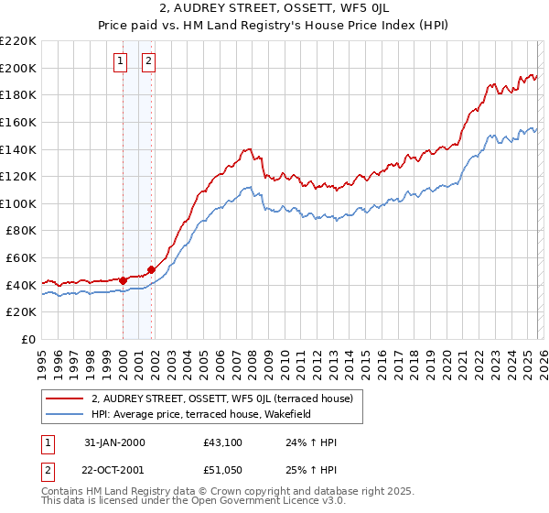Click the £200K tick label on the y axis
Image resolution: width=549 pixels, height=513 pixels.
tap(18, 68)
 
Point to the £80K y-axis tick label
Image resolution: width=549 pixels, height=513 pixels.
tap(21, 231)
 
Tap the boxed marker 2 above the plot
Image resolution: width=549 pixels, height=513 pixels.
tap(148, 61)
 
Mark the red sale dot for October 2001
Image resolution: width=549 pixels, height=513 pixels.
tap(151, 269)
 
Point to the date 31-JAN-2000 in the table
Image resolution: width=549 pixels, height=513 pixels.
tap(114, 442)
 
